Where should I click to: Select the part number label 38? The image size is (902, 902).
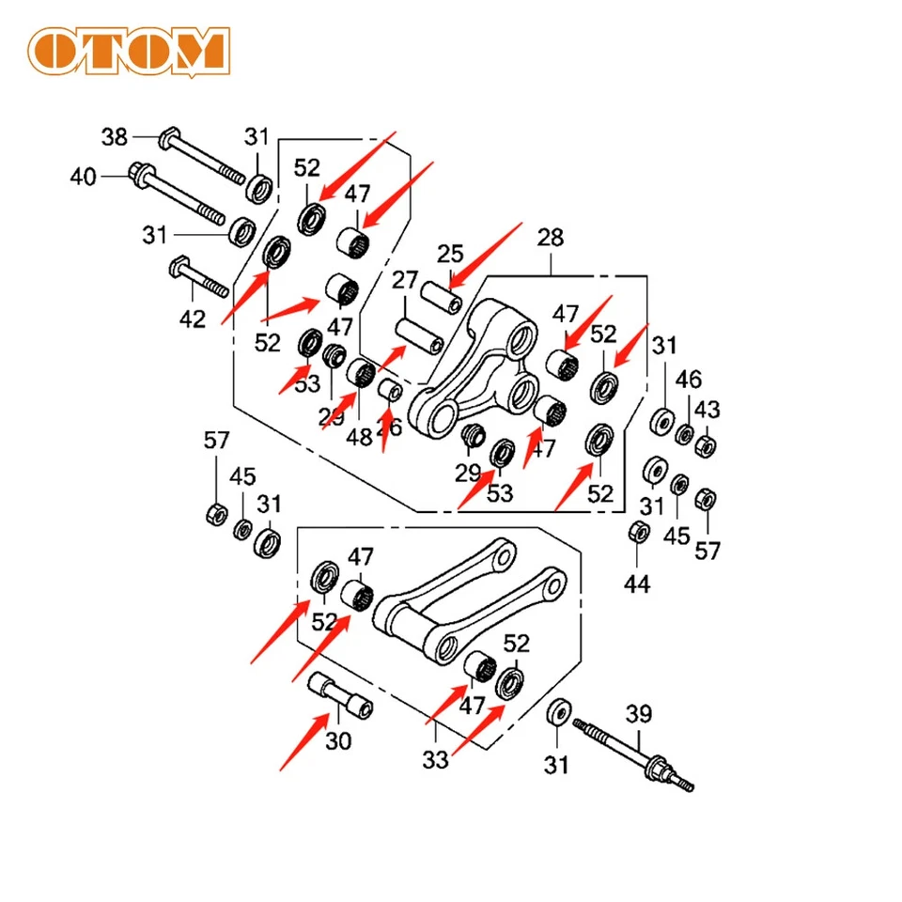(115, 138)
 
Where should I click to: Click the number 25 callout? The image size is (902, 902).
(451, 253)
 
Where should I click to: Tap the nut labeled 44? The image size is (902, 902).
(636, 533)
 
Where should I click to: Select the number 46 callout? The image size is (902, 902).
(689, 381)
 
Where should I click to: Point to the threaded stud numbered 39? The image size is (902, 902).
(634, 752)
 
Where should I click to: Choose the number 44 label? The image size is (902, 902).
(637, 585)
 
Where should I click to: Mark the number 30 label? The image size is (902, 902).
(338, 741)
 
